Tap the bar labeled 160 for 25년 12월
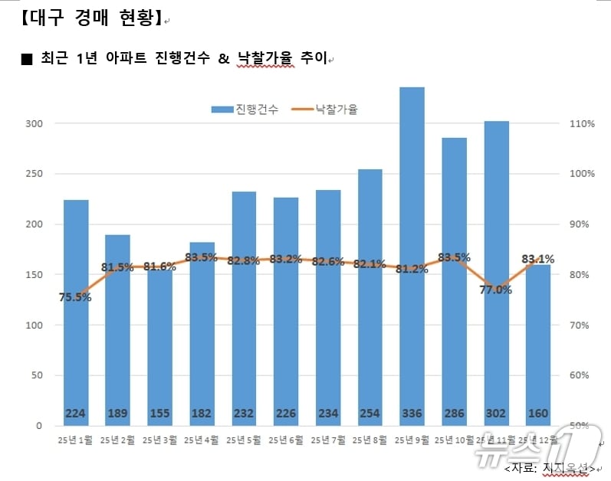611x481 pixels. [538, 345]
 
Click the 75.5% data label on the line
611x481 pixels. [75, 297]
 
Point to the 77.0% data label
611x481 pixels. [496, 290]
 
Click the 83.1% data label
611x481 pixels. [538, 259]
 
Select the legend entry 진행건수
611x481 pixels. [245, 110]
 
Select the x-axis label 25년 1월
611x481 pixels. [75, 440]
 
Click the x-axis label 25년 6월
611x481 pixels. [285, 440]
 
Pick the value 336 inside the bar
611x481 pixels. [412, 414]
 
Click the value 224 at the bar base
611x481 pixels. [75, 414]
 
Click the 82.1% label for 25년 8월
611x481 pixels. [370, 264]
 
